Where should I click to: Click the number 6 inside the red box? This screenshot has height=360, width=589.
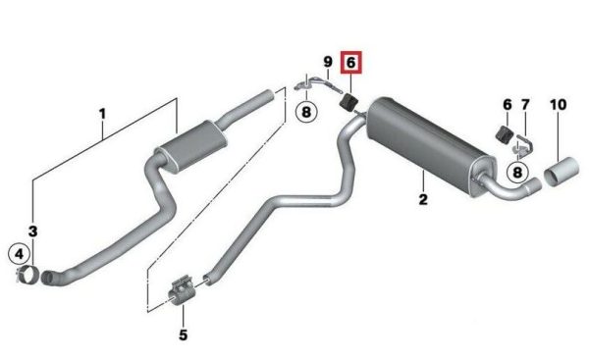click(x=350, y=63)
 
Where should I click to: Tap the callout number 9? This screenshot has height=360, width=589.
click(x=328, y=62)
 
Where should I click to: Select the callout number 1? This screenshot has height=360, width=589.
click(x=102, y=114)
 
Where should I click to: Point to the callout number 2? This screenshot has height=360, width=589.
click(x=423, y=199)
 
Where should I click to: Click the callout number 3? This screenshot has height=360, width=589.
click(x=32, y=231)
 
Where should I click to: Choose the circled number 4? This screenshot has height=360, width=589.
click(x=20, y=254)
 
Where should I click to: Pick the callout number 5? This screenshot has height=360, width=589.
click(x=183, y=334)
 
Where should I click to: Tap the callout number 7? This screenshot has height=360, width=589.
click(x=525, y=105)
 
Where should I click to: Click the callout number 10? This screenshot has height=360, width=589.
click(x=558, y=105)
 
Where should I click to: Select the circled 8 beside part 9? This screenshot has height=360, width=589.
click(x=306, y=112)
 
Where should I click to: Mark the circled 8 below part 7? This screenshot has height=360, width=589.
click(x=517, y=173)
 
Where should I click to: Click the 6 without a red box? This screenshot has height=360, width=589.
click(x=508, y=105)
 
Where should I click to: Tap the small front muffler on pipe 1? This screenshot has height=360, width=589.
click(x=191, y=147)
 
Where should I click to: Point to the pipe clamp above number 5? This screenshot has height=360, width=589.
click(x=182, y=291)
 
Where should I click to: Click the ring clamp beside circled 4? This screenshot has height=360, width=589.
click(x=27, y=276)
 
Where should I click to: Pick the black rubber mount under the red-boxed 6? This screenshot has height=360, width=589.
click(x=348, y=102)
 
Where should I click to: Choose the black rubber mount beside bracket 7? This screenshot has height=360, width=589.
click(x=505, y=134)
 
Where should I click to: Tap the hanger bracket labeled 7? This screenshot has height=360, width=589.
click(x=524, y=144)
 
